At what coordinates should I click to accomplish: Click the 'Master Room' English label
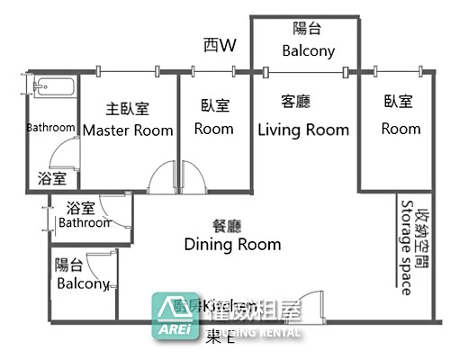tap(128, 130)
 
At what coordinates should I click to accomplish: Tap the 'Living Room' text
tap(303, 130)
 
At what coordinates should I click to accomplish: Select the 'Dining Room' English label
tap(232, 244)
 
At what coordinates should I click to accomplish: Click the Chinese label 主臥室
tap(128, 108)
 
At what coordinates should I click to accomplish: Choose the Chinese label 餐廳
tap(226, 225)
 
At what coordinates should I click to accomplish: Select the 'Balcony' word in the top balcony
tap(309, 50)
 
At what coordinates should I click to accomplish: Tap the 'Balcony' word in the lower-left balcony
tap(84, 283)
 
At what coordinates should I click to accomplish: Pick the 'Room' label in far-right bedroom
tap(400, 129)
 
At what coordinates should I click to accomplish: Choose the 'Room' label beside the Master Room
tap(214, 129)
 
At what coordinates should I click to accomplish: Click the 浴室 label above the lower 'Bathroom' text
tap(80, 206)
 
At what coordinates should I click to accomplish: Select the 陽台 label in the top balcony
tap(309, 29)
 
